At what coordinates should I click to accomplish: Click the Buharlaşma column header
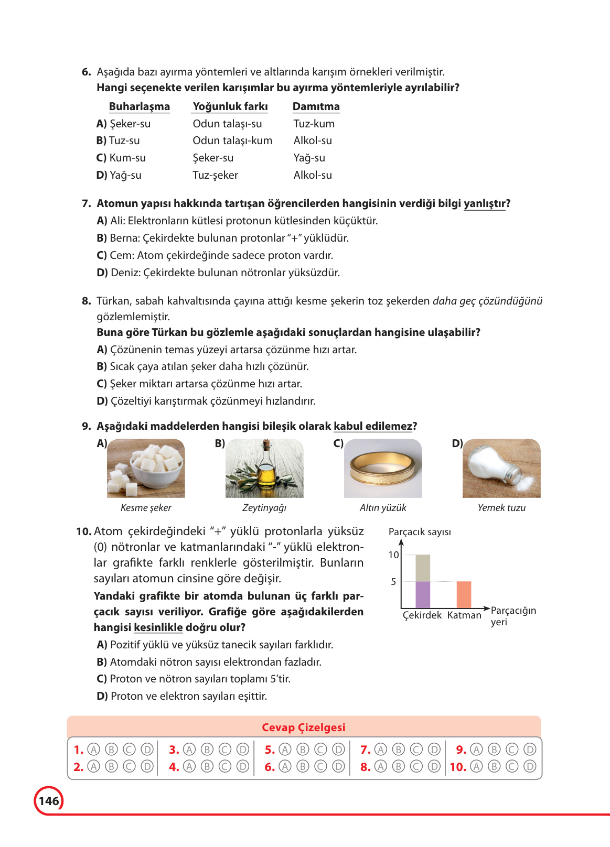[x=139, y=106]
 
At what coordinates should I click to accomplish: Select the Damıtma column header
[x=316, y=106]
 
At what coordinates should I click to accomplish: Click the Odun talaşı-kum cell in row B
[x=232, y=140]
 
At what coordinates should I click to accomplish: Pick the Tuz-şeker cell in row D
[x=215, y=175]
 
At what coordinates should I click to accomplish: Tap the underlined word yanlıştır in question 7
[x=485, y=203]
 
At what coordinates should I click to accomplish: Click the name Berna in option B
[x=125, y=238]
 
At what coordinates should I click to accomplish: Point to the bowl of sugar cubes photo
[x=146, y=468]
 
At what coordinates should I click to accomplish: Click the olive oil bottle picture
[x=264, y=468]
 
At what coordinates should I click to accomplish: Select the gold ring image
[x=383, y=468]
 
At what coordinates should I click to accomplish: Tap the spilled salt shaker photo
[x=501, y=468]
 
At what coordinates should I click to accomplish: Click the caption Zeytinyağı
[x=264, y=507]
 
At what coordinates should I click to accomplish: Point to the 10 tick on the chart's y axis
[x=393, y=555]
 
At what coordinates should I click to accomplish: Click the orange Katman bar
[x=464, y=594]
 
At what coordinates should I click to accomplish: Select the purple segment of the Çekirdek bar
[x=423, y=594]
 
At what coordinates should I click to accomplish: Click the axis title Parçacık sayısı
[x=420, y=531]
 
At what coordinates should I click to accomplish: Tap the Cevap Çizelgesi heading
[x=304, y=727]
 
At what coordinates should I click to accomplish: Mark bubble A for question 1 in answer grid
[x=93, y=750]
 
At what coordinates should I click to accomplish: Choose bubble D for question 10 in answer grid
[x=530, y=766]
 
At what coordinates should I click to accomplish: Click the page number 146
[x=49, y=800]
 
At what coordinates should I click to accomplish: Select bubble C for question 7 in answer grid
[x=416, y=750]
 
